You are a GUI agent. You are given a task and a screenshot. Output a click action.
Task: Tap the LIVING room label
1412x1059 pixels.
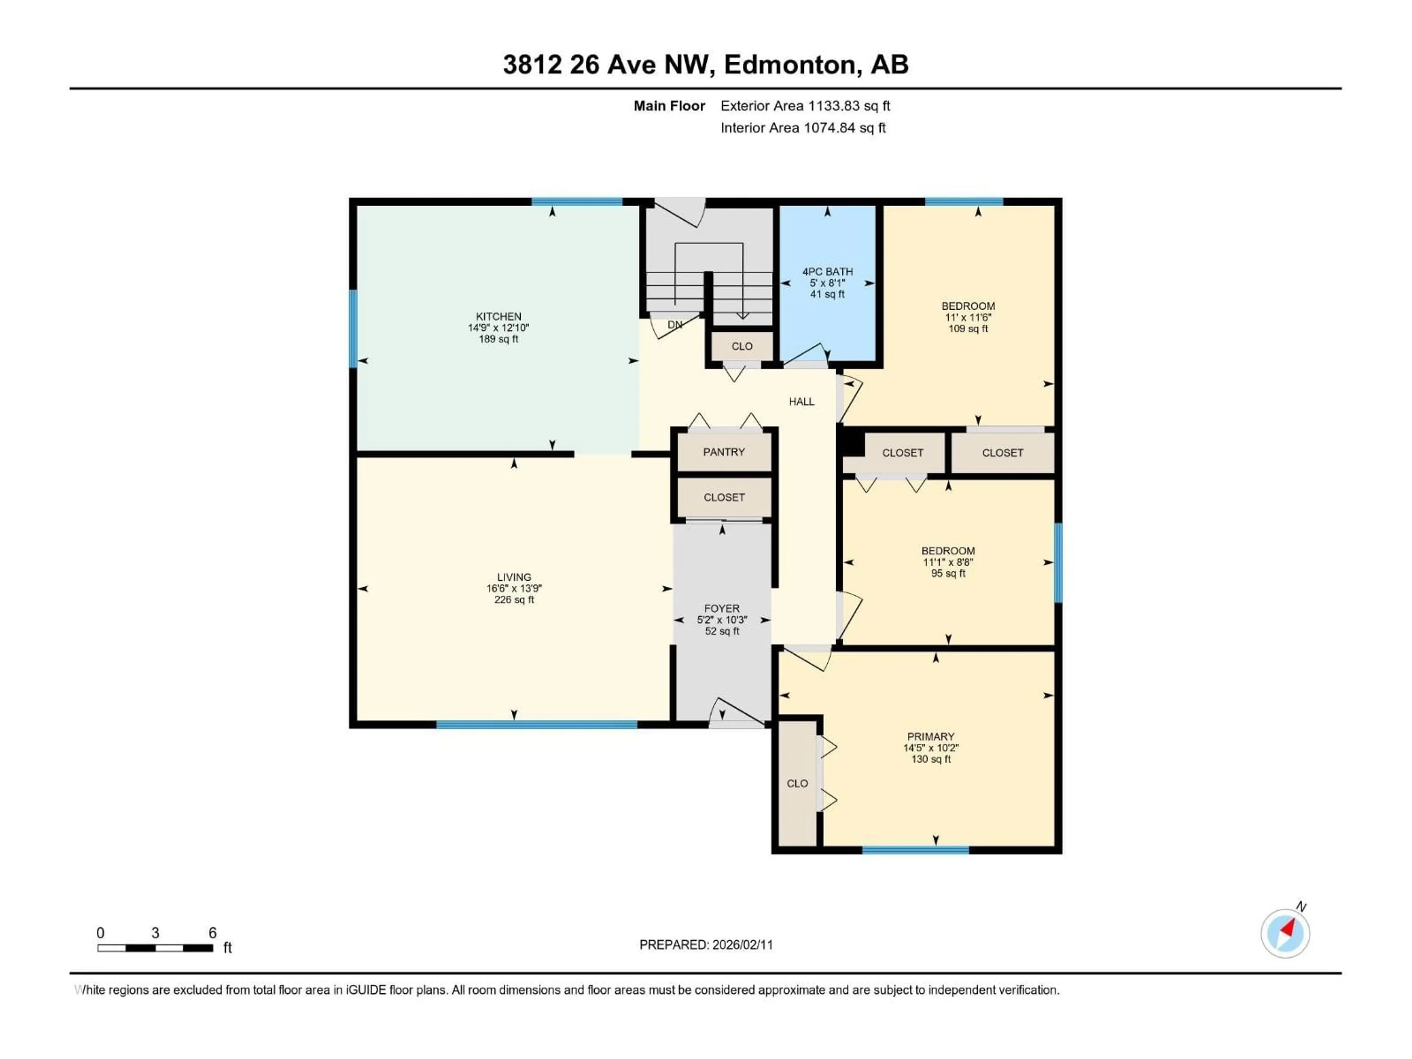[x=513, y=577]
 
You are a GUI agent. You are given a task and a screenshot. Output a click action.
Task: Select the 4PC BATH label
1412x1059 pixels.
[x=827, y=271]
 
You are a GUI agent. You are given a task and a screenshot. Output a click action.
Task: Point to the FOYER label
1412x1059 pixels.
[x=721, y=608]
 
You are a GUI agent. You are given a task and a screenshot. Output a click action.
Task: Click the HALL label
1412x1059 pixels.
[x=801, y=402]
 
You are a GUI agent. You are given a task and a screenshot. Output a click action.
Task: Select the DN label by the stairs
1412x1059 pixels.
[x=675, y=324]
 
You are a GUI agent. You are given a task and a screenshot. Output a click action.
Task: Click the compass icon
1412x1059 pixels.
[x=1285, y=933]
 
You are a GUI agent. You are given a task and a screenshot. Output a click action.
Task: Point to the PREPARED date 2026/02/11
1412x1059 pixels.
[x=706, y=945]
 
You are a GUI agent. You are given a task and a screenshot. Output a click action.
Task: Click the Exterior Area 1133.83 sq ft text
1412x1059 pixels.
[x=805, y=106]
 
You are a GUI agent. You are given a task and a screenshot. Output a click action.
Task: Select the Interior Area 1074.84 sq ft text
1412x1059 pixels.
[x=803, y=128]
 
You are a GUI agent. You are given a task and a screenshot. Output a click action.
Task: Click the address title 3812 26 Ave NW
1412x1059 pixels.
[x=705, y=64]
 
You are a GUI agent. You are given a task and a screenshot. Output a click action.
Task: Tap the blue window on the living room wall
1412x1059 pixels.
[x=536, y=724]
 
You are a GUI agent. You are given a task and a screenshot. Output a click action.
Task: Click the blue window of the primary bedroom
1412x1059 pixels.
[x=915, y=850]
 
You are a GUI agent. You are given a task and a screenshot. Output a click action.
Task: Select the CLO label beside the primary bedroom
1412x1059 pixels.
[x=797, y=783]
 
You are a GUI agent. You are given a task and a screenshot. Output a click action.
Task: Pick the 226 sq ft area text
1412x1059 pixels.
[x=514, y=599]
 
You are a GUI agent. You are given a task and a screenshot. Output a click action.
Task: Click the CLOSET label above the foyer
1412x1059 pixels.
[x=724, y=497]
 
